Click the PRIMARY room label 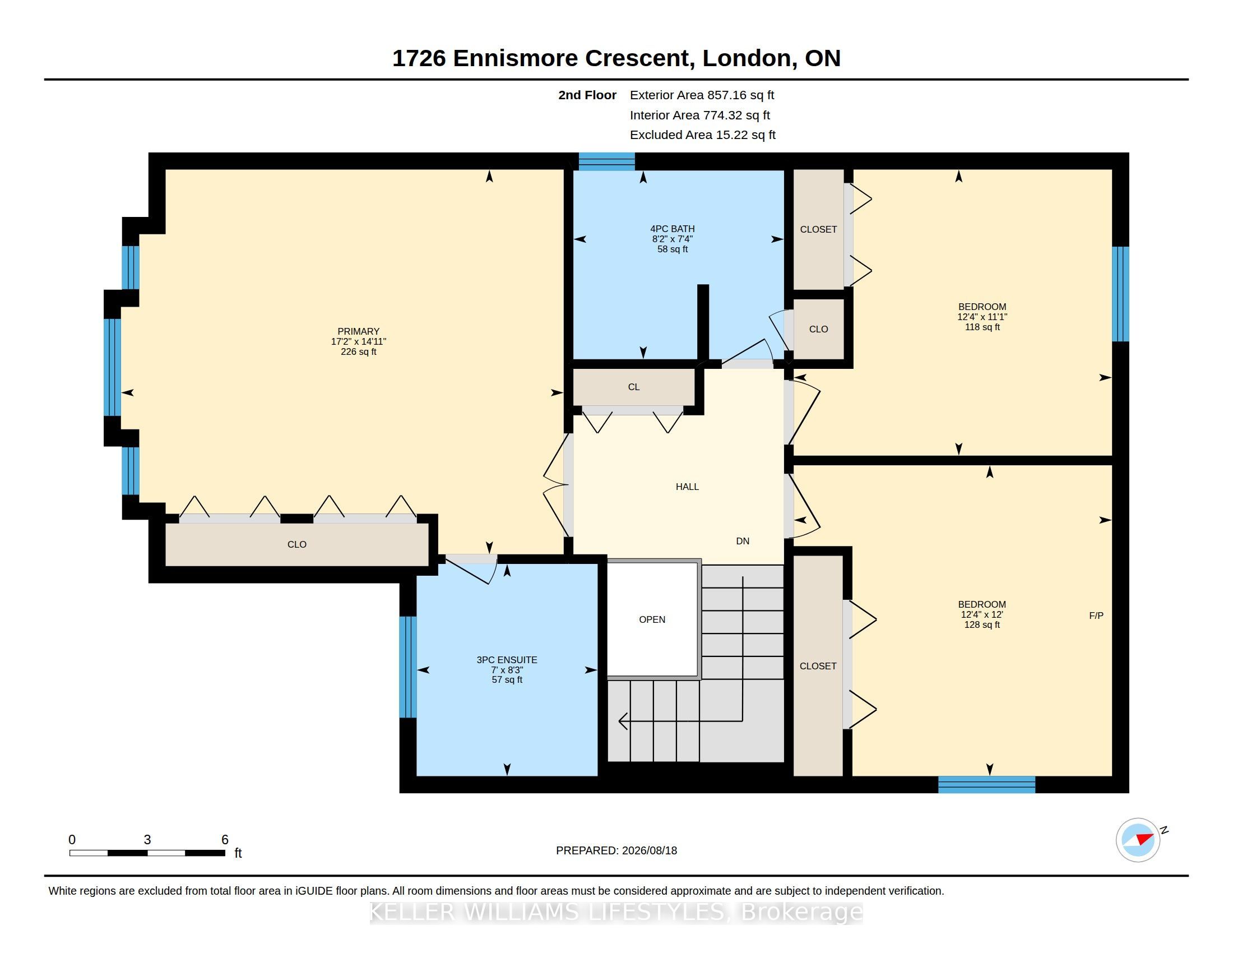[359, 331]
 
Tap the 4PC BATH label [673, 229]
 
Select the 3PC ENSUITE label [507, 659]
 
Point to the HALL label [687, 487]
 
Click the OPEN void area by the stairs [652, 619]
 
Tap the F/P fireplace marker [1096, 616]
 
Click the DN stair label [743, 541]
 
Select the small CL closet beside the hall [634, 387]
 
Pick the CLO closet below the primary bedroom [297, 544]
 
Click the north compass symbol [1138, 840]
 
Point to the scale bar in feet [147, 853]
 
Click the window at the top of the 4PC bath [607, 161]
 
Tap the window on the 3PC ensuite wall [407, 667]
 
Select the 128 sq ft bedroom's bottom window [987, 785]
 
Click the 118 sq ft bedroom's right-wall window [1121, 294]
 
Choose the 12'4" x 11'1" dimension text [982, 317]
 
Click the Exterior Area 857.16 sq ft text [702, 95]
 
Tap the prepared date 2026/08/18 [649, 850]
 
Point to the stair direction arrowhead [623, 721]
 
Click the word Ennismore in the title [515, 58]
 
